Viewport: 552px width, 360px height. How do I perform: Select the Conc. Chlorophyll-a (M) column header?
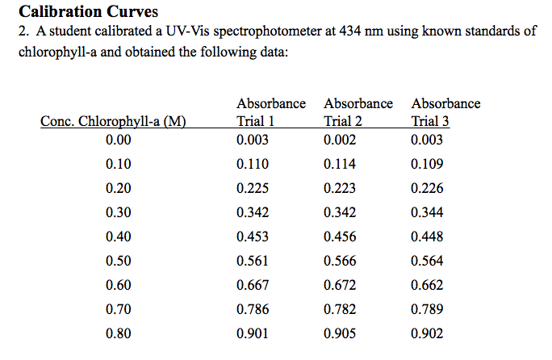coord(113,122)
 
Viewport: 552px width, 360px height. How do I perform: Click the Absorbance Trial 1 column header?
coord(270,112)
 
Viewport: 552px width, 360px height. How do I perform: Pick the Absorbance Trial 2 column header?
coord(358,112)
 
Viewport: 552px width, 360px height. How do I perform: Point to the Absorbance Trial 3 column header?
coord(445,112)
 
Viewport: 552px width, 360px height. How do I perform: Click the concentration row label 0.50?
coord(118,261)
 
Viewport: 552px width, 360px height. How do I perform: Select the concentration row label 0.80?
coord(118,333)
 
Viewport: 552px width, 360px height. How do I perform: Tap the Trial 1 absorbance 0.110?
coord(253,164)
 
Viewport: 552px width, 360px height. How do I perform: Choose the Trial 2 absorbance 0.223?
coord(340,188)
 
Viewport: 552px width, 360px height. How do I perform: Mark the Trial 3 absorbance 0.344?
coord(427,212)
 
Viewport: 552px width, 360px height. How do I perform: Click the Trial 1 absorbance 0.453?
coord(253,237)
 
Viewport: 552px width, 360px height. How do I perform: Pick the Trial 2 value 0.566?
coord(340,261)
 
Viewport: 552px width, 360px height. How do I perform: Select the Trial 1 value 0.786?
coord(253,308)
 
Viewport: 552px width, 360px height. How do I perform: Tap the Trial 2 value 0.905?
coord(340,333)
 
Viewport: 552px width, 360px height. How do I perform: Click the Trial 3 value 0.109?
coord(427,164)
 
